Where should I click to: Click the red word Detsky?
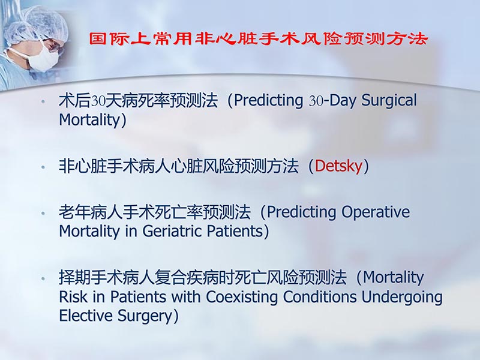coord(338,166)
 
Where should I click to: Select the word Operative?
coord(376,212)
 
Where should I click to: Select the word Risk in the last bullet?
coord(72,297)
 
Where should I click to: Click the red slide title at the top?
coord(258,40)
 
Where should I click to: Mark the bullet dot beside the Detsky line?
coord(43,167)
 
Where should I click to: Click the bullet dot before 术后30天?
coord(43,101)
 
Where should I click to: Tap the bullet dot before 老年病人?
coord(43,214)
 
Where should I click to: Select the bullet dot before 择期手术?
coord(43,279)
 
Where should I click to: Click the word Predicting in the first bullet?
coord(269,100)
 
